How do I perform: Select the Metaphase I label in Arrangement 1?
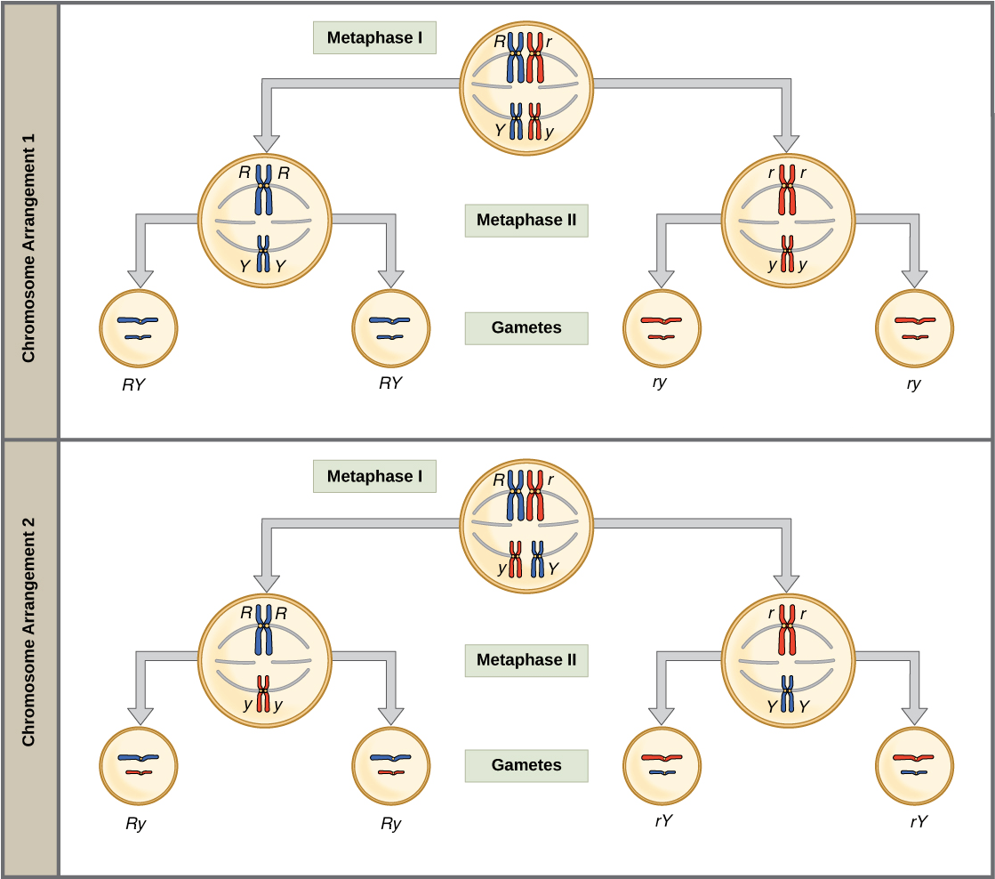374,38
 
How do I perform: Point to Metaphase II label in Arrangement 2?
526,660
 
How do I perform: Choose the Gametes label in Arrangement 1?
526,327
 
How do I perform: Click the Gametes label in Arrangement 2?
526,764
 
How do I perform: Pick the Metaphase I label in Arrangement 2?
374,476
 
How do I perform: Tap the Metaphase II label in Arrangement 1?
526,220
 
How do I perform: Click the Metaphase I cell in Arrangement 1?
526,85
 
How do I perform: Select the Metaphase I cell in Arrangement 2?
526,522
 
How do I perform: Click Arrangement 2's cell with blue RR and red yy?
264,659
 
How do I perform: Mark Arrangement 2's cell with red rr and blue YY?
788,659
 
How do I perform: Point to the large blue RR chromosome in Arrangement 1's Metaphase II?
263,188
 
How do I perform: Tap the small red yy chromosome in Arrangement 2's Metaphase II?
263,694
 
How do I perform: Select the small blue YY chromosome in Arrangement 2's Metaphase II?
788,694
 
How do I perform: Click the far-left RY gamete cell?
137,328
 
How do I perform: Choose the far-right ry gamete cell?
914,328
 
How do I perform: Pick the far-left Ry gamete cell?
137,765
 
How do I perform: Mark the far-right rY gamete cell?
914,765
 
